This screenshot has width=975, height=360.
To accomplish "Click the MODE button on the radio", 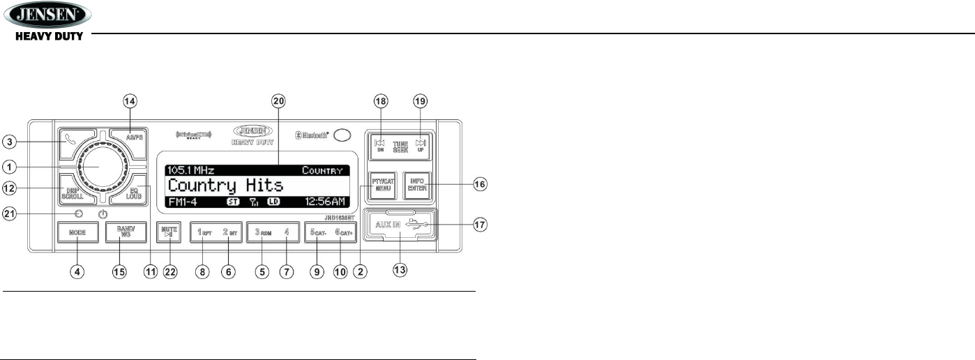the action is point(77,232).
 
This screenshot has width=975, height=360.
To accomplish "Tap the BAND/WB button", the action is point(125,232).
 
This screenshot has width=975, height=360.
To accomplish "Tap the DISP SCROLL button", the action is point(72,193).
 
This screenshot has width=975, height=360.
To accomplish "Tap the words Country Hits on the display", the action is point(226,185).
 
